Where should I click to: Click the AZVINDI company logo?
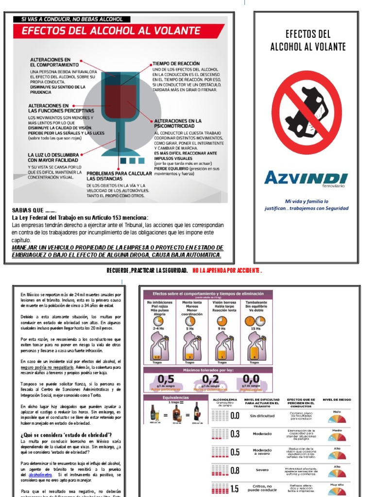point(306,179)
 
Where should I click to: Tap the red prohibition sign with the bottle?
point(306,113)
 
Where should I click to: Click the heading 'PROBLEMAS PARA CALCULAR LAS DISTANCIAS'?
point(119,175)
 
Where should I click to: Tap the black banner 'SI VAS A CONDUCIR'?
point(75,19)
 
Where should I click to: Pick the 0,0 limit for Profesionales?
point(251,379)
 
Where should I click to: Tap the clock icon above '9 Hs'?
point(221,321)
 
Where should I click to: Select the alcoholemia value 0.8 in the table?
point(235,470)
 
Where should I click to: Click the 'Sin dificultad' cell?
point(262,416)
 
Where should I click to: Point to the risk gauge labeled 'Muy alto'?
point(337,490)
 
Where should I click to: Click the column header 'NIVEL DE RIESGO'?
point(337,399)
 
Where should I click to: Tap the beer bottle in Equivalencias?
point(153,412)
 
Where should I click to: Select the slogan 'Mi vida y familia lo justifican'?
point(306,204)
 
